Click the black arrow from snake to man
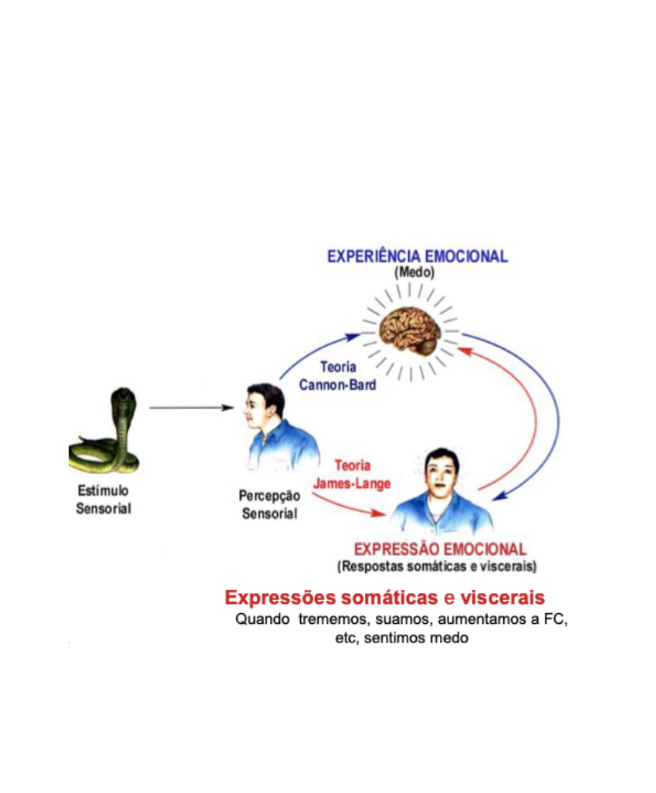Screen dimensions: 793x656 191,407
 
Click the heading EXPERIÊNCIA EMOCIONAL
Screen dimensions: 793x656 418,256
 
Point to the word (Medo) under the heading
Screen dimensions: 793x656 414,273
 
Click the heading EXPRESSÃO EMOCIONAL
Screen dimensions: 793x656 440,550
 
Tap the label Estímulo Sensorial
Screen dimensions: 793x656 103,500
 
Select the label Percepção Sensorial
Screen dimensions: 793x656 269,505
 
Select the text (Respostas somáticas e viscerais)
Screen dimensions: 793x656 437,566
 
